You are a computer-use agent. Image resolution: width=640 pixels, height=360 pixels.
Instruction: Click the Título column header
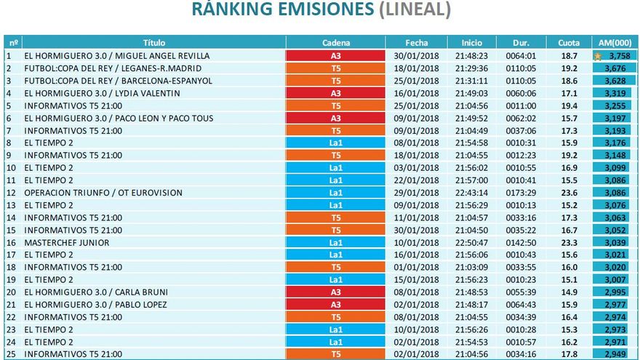pyautogui.click(x=153, y=43)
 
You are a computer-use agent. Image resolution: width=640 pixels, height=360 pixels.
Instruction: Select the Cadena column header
pyautogui.click(x=335, y=43)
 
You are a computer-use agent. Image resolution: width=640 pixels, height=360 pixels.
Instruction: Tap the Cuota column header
pyautogui.click(x=569, y=43)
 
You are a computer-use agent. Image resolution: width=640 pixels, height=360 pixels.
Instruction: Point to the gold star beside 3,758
pyautogui.click(x=598, y=56)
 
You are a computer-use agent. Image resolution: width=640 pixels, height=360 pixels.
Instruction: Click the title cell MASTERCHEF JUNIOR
pyautogui.click(x=67, y=242)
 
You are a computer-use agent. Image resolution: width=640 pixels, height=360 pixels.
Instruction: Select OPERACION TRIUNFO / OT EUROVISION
pyautogui.click(x=103, y=193)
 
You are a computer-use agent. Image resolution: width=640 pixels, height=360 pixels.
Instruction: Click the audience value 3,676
pyautogui.click(x=615, y=68)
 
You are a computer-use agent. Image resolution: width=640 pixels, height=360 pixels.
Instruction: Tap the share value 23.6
pyautogui.click(x=569, y=193)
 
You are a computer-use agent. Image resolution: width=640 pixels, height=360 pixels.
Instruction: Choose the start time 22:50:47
pyautogui.click(x=471, y=242)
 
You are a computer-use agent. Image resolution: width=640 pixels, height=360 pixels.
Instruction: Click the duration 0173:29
pyautogui.click(x=521, y=193)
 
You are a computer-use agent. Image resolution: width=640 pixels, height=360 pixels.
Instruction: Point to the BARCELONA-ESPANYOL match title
pyautogui.click(x=119, y=81)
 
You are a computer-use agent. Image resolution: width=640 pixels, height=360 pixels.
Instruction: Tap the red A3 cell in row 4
pyautogui.click(x=335, y=93)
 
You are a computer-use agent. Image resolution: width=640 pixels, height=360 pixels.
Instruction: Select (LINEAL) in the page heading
pyautogui.click(x=415, y=10)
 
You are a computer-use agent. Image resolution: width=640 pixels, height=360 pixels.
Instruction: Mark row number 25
pyautogui.click(x=11, y=354)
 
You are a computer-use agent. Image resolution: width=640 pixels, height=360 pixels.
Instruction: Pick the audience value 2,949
pyautogui.click(x=615, y=354)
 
